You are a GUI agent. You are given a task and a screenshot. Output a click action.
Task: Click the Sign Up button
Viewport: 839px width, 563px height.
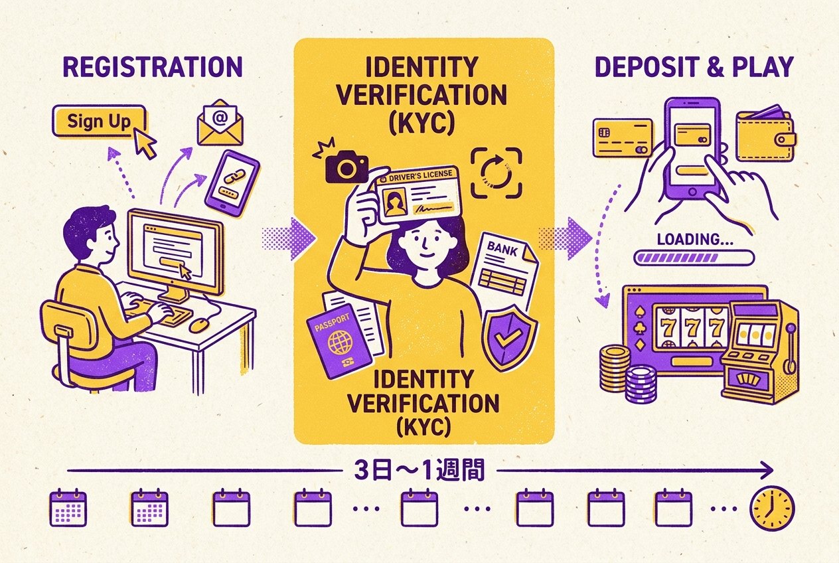[99, 121]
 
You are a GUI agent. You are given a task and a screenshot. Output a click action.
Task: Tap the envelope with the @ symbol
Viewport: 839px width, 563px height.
[220, 123]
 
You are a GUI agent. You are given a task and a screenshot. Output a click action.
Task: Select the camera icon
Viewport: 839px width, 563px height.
[346, 166]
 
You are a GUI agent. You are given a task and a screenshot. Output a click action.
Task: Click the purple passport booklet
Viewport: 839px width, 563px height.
[339, 341]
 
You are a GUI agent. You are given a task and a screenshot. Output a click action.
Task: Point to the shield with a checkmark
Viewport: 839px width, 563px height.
[509, 338]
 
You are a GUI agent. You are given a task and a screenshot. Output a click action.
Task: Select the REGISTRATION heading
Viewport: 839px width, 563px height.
[153, 67]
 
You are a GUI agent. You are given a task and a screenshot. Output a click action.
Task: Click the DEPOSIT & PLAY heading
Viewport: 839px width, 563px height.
[694, 67]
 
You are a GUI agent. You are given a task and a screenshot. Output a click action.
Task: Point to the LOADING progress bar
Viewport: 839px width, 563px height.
[694, 258]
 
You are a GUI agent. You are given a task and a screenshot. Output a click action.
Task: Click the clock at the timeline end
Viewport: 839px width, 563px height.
[773, 508]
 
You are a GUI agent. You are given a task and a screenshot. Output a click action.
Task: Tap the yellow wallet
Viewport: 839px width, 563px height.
[765, 135]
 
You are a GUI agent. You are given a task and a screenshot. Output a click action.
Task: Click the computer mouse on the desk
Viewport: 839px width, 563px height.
[199, 325]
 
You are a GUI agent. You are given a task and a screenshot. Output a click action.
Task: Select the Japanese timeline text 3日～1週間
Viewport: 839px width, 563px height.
[419, 470]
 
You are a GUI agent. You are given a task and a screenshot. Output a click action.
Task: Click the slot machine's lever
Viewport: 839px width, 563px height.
[790, 349]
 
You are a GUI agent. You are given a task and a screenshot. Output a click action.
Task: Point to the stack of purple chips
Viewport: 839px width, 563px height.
[641, 384]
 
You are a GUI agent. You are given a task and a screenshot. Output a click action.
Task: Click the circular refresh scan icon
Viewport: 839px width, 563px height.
[496, 173]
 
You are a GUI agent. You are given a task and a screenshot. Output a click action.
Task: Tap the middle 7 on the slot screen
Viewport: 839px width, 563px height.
[692, 328]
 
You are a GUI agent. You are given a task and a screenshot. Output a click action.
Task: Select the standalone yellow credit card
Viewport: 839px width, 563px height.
[623, 137]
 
